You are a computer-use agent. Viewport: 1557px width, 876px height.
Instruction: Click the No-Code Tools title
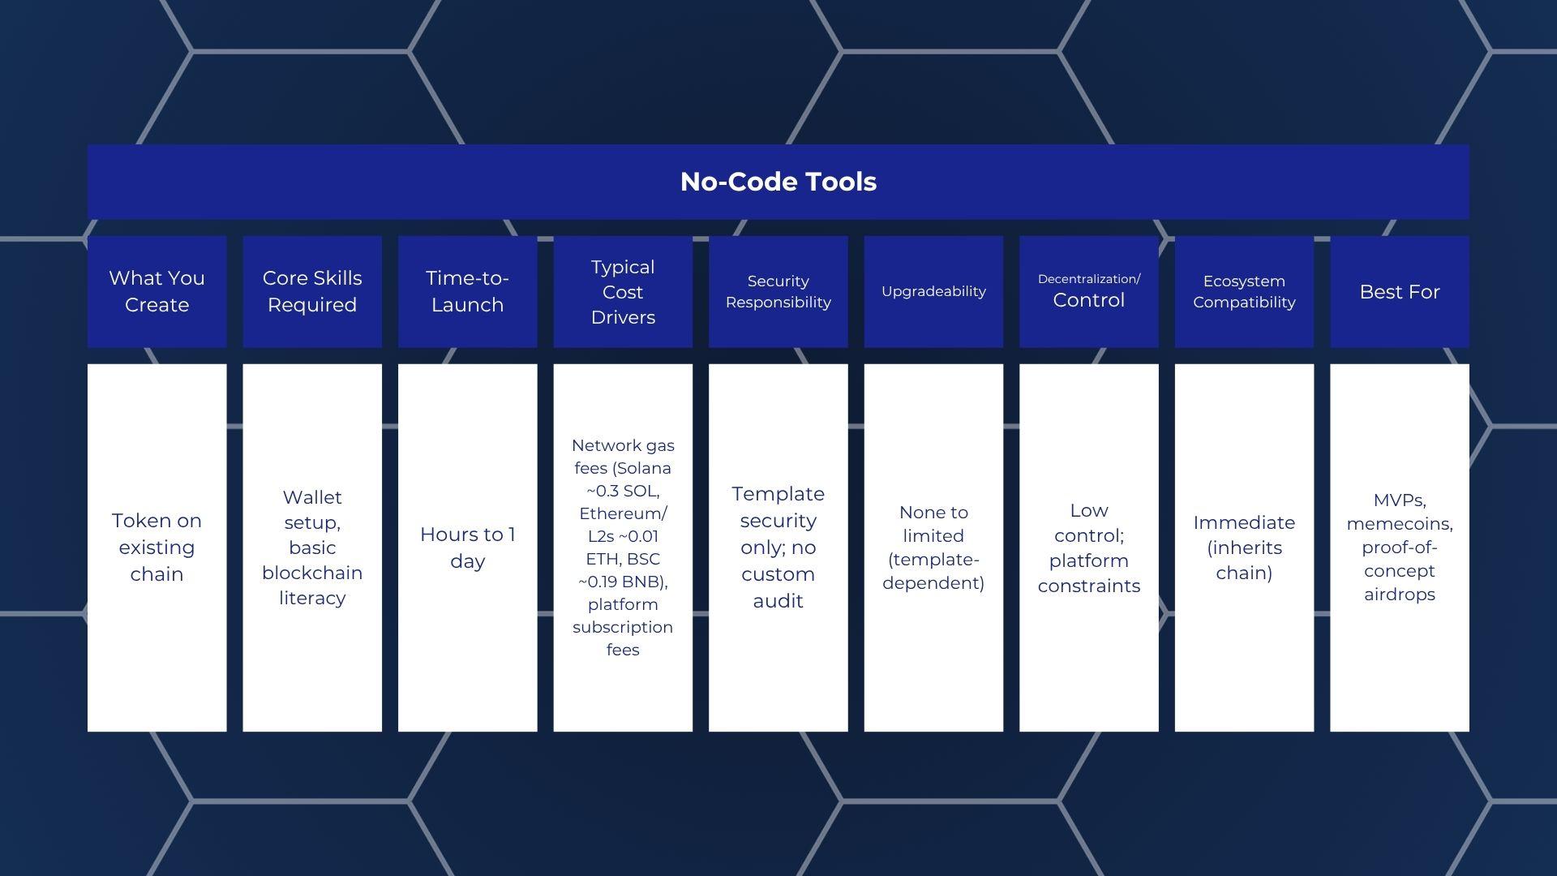(778, 182)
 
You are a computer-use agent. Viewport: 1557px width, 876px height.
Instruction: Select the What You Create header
(157, 291)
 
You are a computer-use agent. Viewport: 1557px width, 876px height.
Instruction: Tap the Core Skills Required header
(312, 291)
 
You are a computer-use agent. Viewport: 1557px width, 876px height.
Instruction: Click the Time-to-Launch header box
(467, 291)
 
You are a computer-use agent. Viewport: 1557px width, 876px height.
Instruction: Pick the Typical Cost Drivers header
(623, 291)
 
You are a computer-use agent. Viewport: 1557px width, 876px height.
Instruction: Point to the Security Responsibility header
(778, 291)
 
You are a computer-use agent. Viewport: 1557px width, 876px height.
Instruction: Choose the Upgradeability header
(933, 291)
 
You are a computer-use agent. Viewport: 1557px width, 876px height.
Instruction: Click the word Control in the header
(1088, 300)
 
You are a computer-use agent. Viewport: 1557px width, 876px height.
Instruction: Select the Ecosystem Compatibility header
(1244, 291)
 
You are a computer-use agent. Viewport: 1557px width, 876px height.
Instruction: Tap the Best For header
(1399, 291)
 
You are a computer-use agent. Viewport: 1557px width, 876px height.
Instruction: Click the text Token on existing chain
(157, 547)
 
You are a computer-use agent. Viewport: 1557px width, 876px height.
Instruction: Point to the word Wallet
(312, 497)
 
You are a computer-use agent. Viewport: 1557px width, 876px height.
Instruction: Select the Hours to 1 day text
(467, 547)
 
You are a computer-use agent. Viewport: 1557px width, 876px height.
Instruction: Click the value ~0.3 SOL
(623, 491)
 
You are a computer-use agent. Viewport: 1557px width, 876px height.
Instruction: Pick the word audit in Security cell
(778, 601)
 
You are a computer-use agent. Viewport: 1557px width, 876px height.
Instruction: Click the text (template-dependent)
(933, 571)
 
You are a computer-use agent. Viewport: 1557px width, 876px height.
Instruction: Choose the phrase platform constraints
(1088, 573)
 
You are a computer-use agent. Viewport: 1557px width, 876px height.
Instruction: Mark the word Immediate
(1244, 522)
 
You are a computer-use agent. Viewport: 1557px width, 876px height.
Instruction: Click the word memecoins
(1399, 524)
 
